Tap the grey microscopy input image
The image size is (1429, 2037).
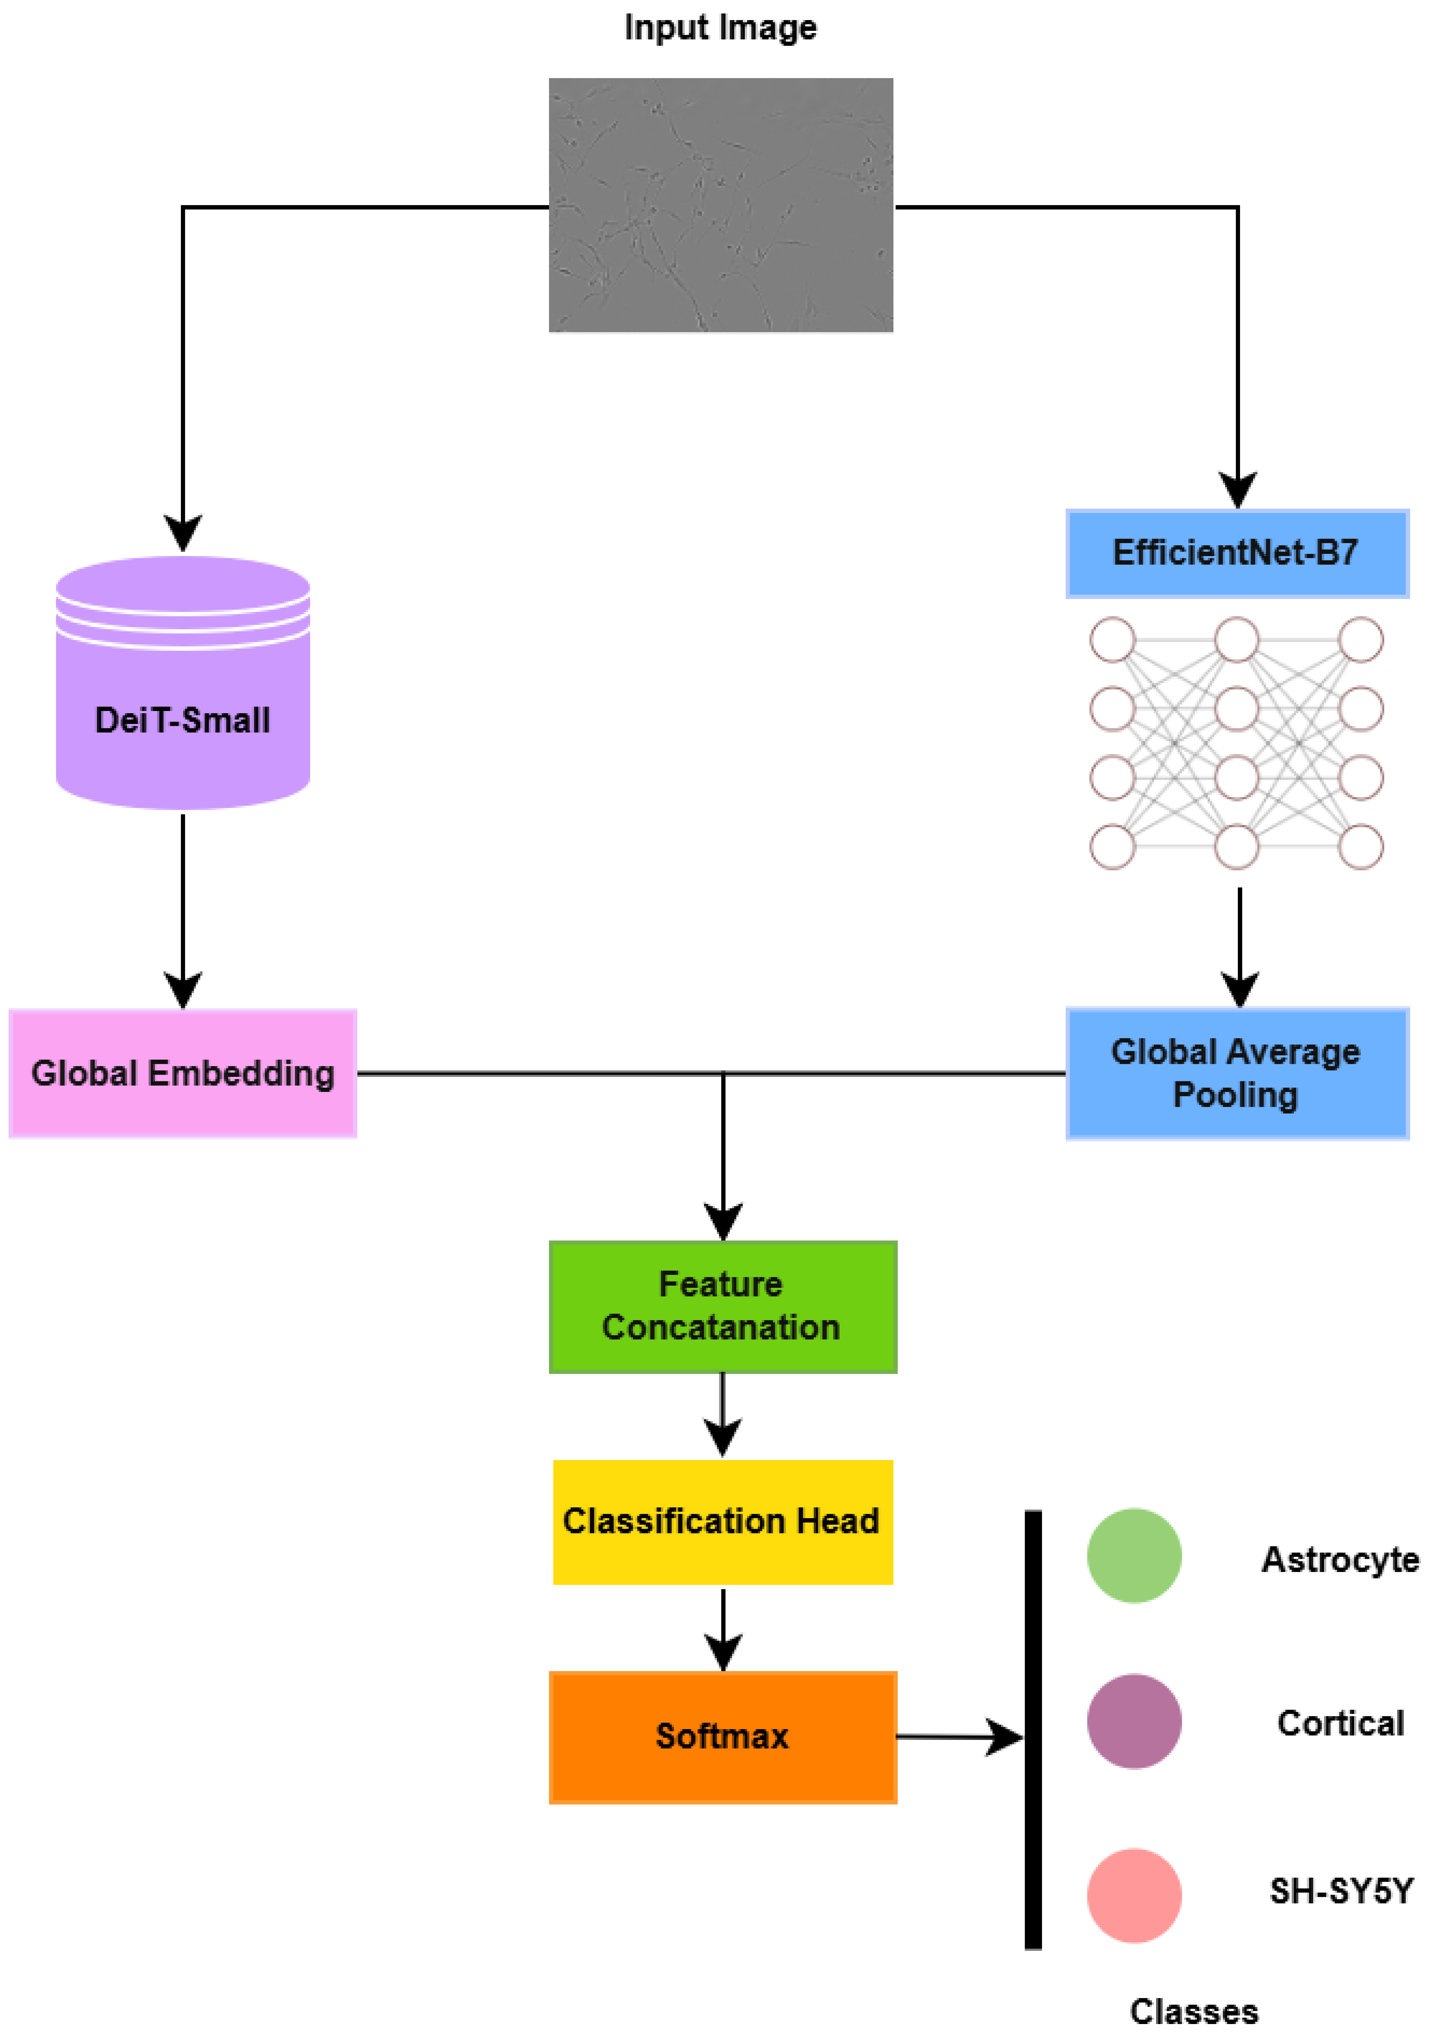[721, 205]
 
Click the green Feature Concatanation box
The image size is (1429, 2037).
[723, 1306]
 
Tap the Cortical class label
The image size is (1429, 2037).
[1340, 1723]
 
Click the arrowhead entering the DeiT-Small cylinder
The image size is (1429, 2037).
[183, 533]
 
